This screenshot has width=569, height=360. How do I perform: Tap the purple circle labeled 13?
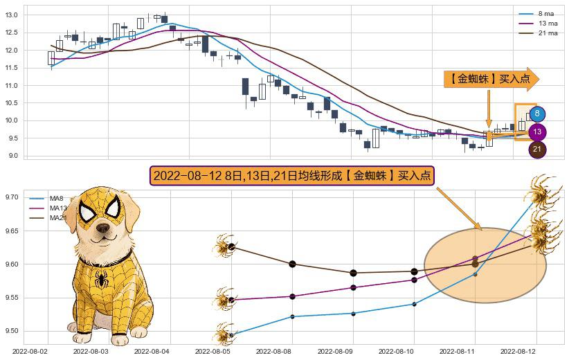pos(536,132)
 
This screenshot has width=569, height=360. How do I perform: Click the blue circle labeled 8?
pos(536,114)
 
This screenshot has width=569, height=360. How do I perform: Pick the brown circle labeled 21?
pos(536,149)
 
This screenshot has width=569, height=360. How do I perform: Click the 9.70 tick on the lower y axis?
pos(12,197)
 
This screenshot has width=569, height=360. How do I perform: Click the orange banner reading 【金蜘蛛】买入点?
pos(490,79)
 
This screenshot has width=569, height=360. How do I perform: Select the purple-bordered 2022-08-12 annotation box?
pos(291,176)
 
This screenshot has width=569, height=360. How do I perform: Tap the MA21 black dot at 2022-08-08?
pos(292,264)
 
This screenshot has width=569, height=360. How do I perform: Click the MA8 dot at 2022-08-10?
pos(414,304)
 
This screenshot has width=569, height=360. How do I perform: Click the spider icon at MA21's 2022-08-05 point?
pos(225,246)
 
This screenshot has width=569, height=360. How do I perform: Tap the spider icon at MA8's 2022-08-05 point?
pos(225,334)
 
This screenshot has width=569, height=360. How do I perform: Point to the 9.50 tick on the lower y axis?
pos(12,331)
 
